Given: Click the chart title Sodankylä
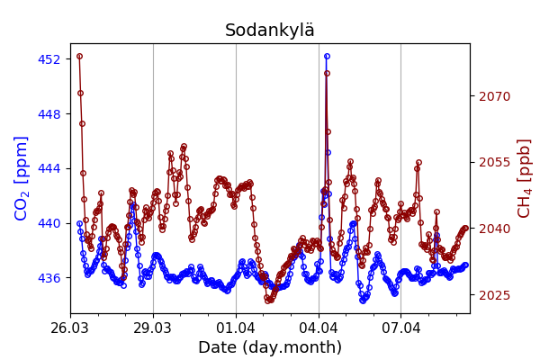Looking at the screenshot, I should click(x=270, y=31).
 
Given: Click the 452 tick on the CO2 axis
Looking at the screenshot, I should click(x=49, y=59).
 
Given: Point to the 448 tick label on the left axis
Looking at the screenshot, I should click(x=49, y=114).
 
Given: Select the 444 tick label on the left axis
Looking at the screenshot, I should click(x=49, y=168).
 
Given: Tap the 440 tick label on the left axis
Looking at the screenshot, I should click(x=49, y=223).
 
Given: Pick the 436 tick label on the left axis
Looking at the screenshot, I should click(x=49, y=277).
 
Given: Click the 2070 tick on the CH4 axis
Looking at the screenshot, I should click(x=494, y=96).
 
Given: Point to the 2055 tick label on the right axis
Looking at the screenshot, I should click(x=494, y=162).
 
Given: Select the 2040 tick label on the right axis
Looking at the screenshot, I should click(x=494, y=229).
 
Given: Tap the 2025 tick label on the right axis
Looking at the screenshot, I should click(x=494, y=295).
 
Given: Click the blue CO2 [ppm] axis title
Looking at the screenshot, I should click(x=22, y=178).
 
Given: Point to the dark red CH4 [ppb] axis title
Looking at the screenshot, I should click(x=524, y=178).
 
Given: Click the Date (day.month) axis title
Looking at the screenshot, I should click(x=270, y=347).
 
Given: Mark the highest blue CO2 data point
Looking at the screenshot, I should click(x=327, y=56).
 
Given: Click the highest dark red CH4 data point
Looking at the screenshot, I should click(x=79, y=56).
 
